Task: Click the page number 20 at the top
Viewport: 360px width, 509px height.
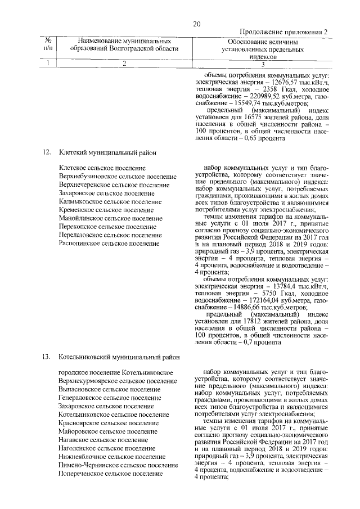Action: [196, 23]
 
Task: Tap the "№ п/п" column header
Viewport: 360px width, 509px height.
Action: [48, 45]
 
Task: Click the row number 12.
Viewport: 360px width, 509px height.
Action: [47, 152]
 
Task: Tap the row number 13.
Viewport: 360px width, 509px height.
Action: [47, 356]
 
